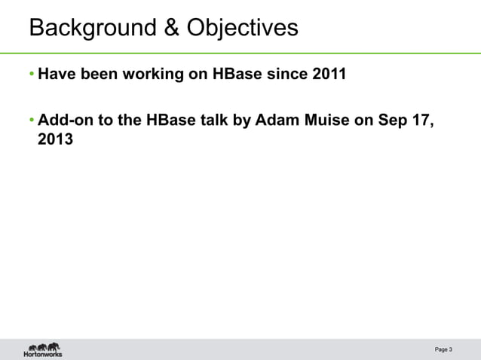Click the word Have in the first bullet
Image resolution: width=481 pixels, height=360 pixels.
pyautogui.click(x=55, y=75)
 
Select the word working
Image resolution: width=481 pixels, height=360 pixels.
pyautogui.click(x=151, y=75)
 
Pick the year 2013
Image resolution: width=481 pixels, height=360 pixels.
pyautogui.click(x=56, y=139)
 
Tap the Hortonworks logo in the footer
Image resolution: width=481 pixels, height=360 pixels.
pyautogui.click(x=43, y=349)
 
